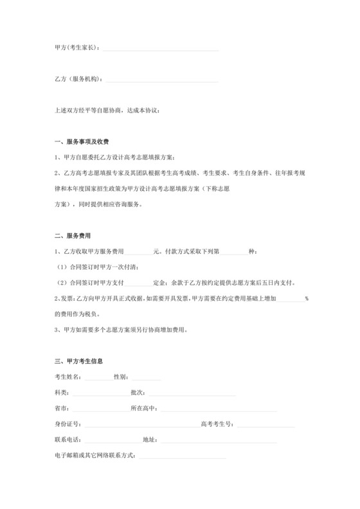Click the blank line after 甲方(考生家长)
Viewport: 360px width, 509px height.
click(x=160, y=49)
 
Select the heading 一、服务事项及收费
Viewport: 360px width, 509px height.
click(x=86, y=142)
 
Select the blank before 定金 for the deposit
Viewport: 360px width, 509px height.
click(x=139, y=283)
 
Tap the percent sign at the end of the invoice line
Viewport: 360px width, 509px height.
click(x=307, y=299)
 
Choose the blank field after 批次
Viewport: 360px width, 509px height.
click(x=190, y=393)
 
